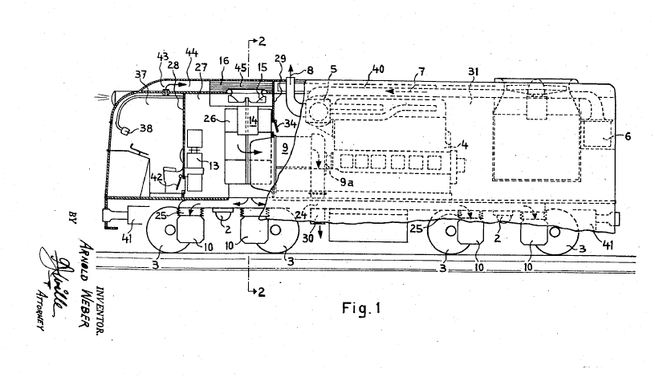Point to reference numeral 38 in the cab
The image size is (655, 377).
(x=147, y=128)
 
